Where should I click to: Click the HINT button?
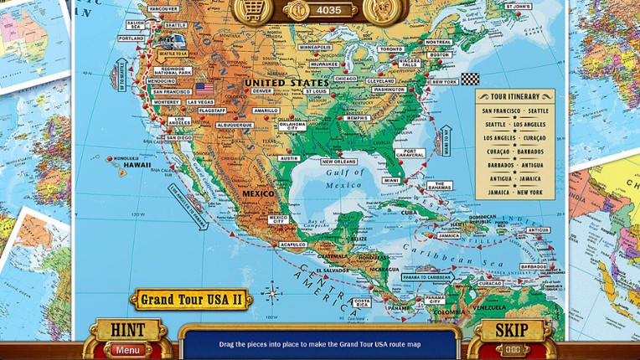tap(127, 330)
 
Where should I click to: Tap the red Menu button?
tap(128, 350)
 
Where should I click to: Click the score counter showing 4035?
tap(328, 11)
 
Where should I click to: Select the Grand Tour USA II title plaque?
tap(191, 299)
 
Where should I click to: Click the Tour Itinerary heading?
tap(514, 96)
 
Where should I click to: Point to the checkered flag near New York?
tap(471, 80)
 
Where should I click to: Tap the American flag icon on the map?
tap(204, 88)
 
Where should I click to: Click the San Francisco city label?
tap(173, 91)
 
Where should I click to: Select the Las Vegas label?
tap(200, 102)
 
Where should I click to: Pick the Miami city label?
tap(391, 180)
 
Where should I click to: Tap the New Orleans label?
tap(338, 162)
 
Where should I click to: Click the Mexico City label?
tap(278, 219)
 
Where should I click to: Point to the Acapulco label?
tap(292, 244)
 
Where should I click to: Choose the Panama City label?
tap(435, 299)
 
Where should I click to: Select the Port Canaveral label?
tap(410, 154)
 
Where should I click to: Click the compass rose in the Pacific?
tap(272, 294)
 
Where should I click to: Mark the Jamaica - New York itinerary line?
tap(514, 193)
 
